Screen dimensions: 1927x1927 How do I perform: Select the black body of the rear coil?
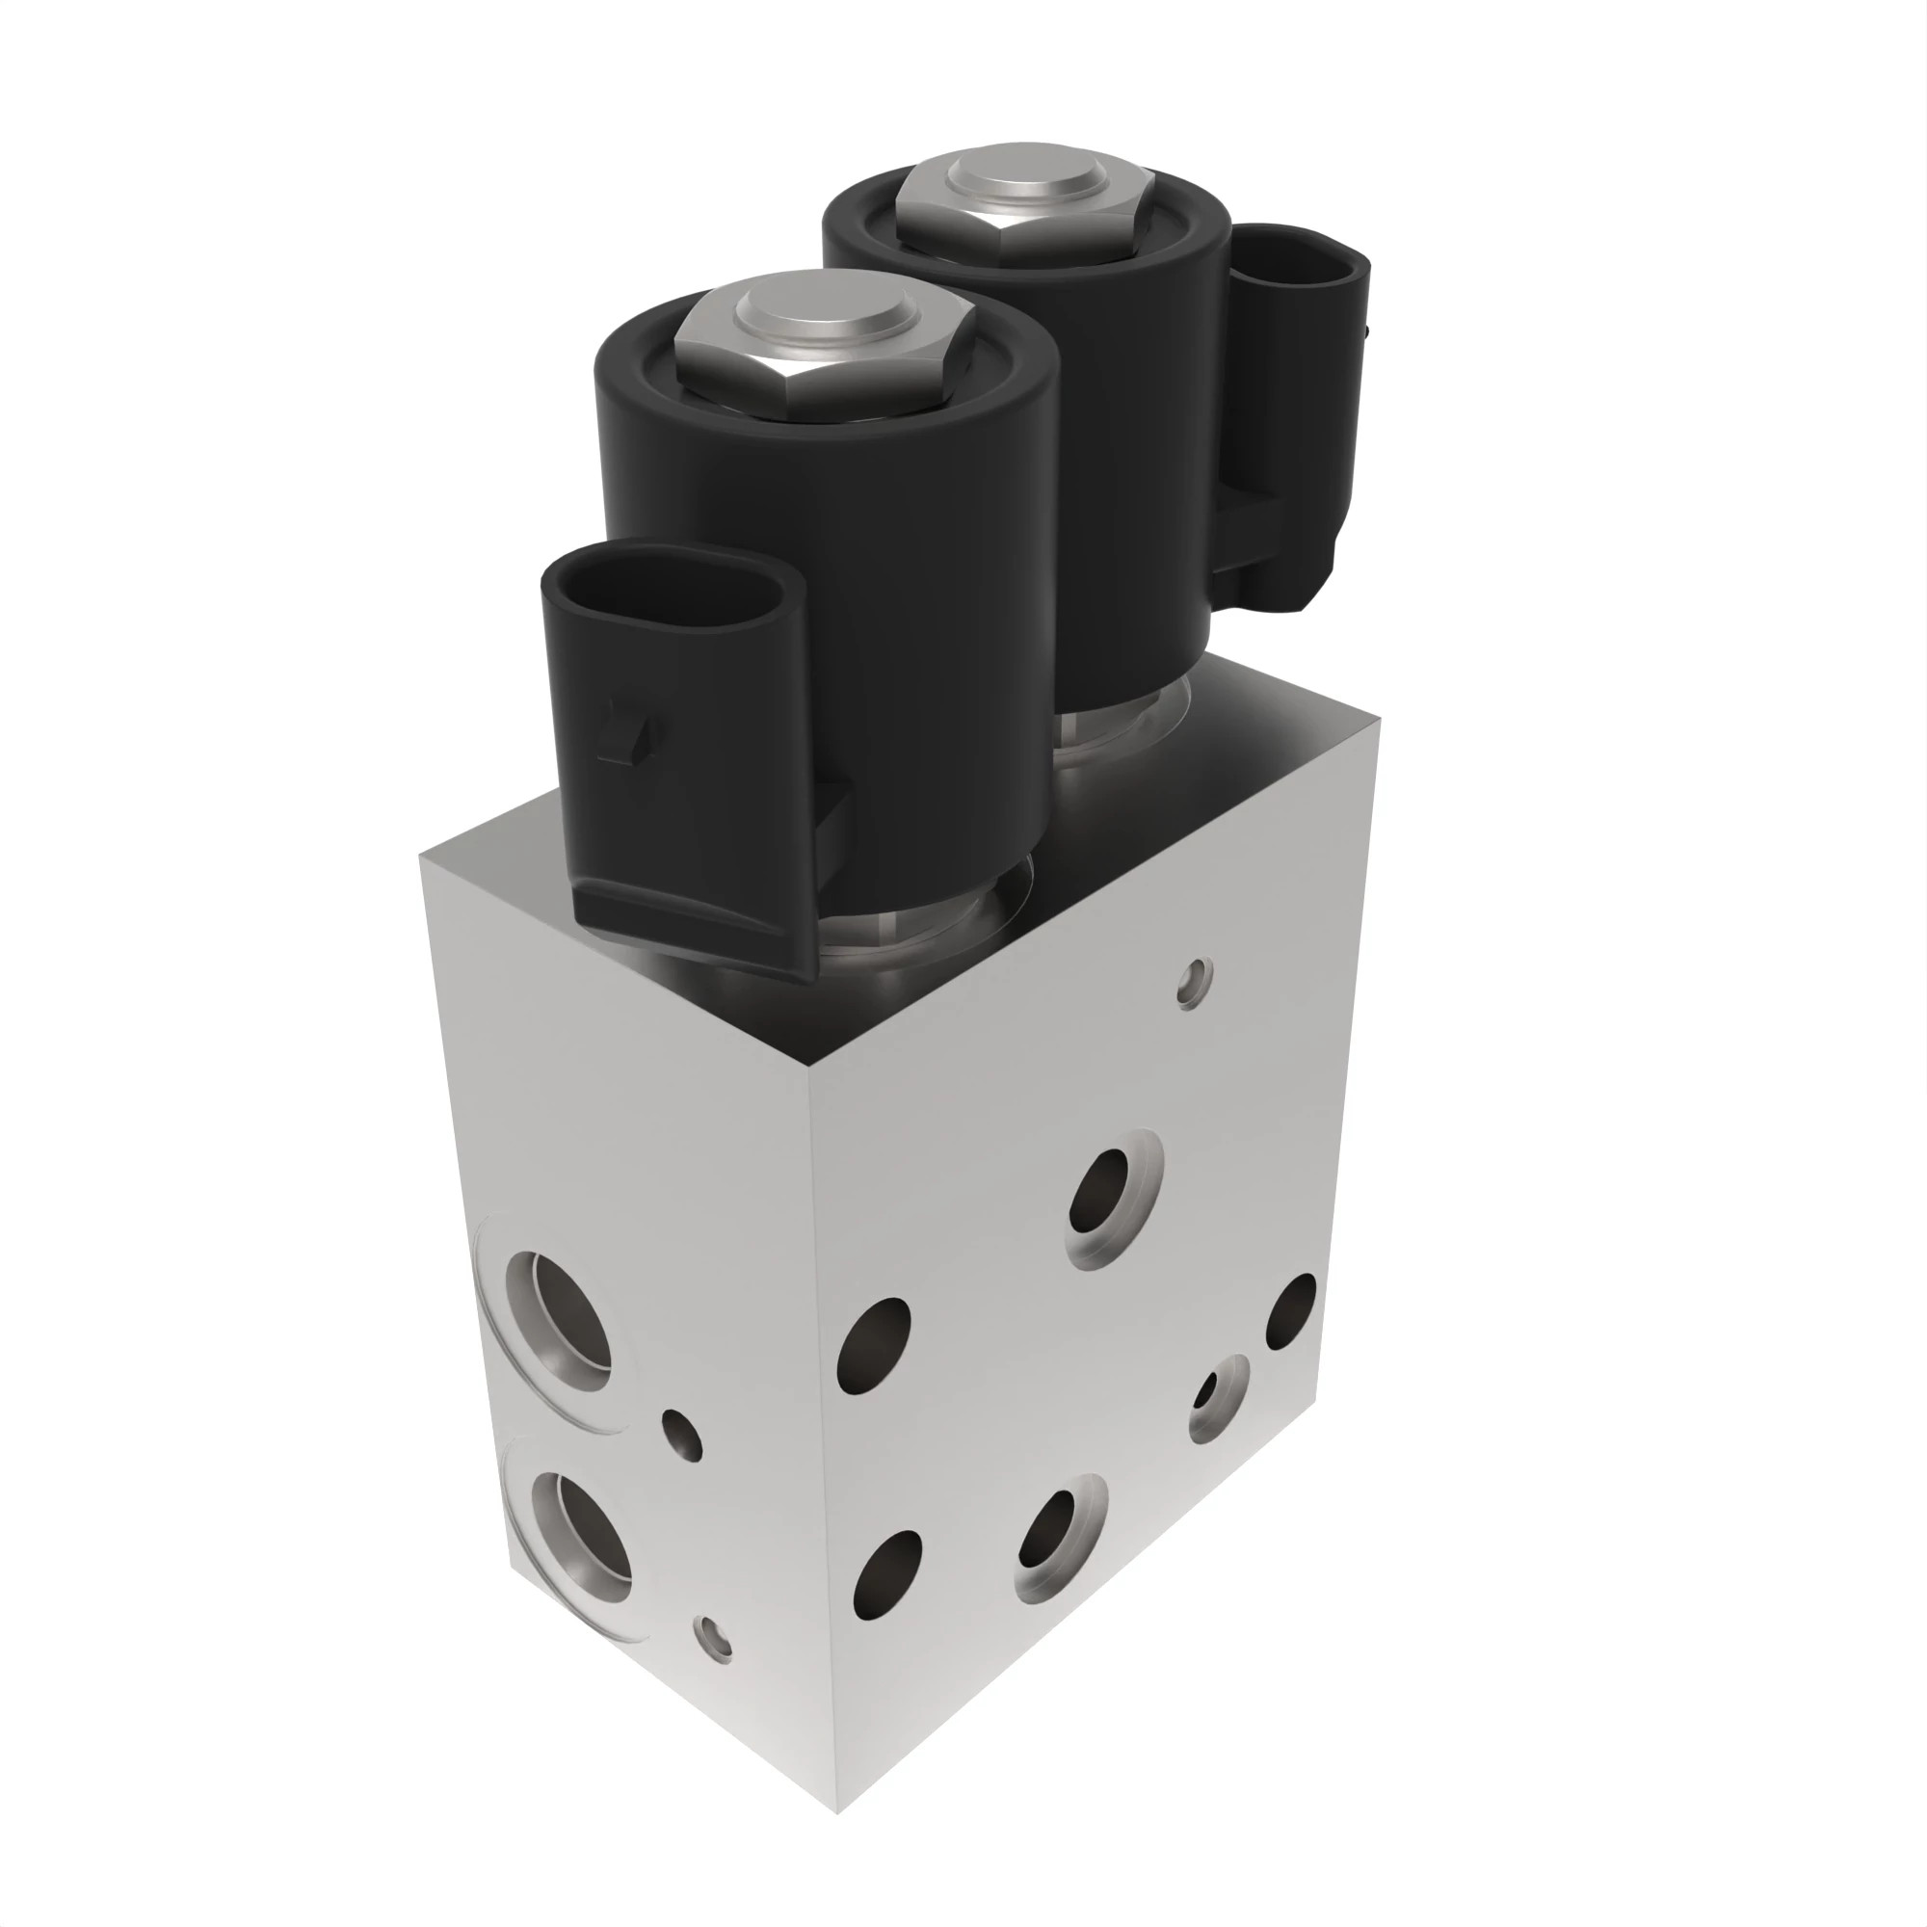pos(1137,449)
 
